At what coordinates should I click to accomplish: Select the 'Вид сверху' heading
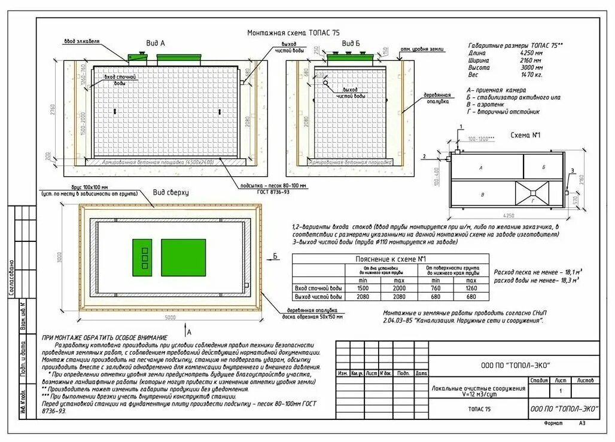[x=171, y=192]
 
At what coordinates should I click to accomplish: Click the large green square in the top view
[x=183, y=257]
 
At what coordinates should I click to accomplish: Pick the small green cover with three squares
[x=142, y=257]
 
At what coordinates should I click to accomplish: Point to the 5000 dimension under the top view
[x=171, y=317]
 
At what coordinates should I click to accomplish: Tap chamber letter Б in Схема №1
[x=543, y=167]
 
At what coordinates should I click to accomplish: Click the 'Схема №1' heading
[x=525, y=136]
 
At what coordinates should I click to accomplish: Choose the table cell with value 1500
[x=363, y=288]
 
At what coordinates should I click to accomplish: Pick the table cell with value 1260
[x=471, y=288]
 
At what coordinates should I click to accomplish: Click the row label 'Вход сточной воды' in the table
[x=318, y=288]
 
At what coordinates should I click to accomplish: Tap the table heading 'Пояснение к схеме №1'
[x=390, y=259]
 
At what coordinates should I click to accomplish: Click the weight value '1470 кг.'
[x=531, y=75]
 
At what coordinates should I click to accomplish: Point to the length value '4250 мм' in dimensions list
[x=531, y=53]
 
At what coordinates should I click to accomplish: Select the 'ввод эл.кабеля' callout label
[x=82, y=42]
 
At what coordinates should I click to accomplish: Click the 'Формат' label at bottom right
[x=553, y=422]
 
